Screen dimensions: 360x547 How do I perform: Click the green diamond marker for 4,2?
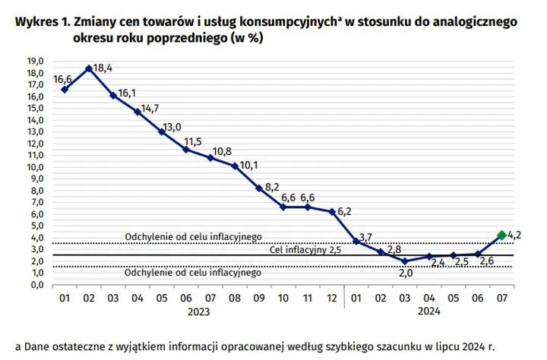click(501, 235)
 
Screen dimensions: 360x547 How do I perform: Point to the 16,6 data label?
click(63, 79)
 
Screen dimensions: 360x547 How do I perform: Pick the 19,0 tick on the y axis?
click(36, 60)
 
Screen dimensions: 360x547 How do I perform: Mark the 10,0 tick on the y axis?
click(36, 166)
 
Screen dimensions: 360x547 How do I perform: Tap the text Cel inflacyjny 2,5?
click(305, 250)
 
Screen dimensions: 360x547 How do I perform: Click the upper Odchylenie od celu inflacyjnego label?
click(193, 237)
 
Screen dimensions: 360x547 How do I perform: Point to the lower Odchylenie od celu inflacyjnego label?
click(193, 272)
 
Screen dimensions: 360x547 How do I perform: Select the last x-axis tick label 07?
click(501, 298)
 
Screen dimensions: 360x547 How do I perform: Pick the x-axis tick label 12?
click(330, 298)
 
